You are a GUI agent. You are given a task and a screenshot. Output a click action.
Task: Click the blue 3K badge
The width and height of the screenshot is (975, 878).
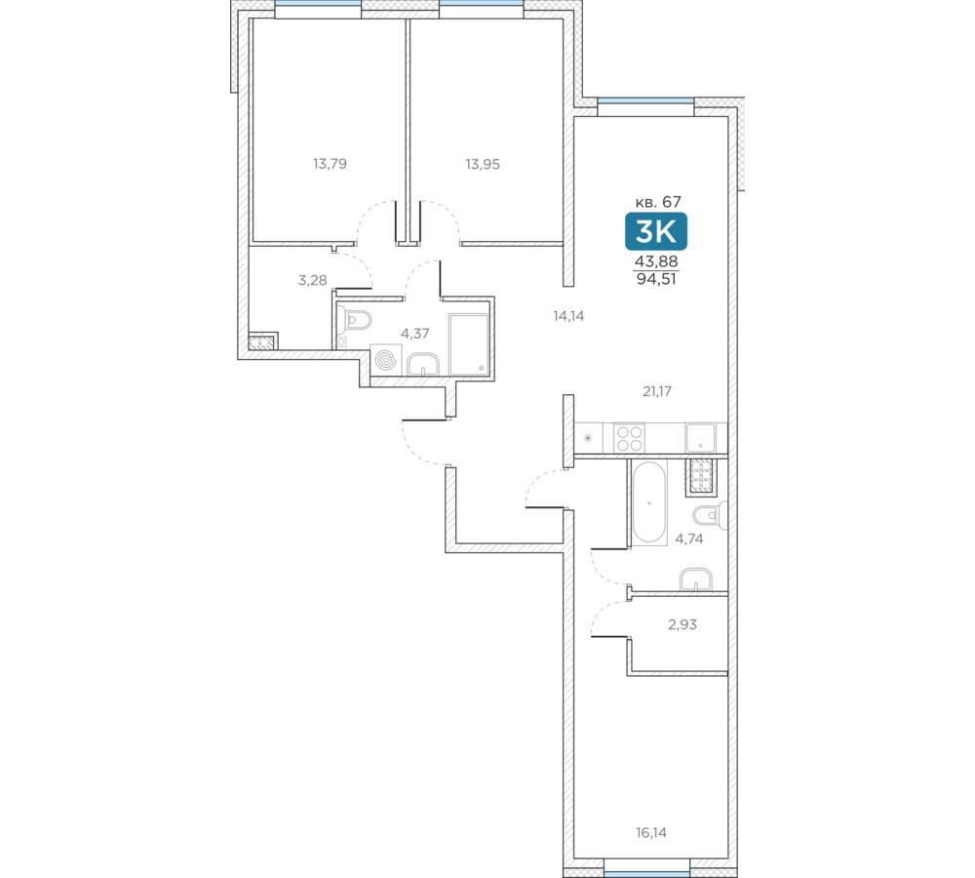point(656,231)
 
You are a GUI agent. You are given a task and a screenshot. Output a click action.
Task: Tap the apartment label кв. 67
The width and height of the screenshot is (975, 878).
point(658,202)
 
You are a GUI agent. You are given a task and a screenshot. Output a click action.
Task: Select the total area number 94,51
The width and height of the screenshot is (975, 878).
point(656,279)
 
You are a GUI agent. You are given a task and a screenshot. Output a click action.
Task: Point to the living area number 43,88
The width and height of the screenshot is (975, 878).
point(656,262)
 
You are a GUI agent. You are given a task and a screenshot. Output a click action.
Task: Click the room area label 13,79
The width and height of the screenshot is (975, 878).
point(330,164)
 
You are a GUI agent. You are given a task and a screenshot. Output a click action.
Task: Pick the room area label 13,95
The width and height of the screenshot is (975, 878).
point(483,164)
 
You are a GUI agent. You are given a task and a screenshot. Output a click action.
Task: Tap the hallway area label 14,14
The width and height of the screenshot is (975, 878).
point(568,316)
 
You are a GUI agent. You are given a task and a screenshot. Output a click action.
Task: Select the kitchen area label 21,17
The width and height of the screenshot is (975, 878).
point(656,391)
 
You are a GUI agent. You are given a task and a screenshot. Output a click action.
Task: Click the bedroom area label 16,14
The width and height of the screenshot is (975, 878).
point(651,832)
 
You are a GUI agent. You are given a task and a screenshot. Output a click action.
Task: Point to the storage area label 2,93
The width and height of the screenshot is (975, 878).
point(682,624)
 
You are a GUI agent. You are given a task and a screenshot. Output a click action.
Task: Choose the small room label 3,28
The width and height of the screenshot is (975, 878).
point(312,281)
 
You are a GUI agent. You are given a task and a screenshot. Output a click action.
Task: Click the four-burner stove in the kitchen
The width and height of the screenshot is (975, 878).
point(629,437)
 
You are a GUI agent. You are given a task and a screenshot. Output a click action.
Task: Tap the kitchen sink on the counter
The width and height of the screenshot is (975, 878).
point(701,437)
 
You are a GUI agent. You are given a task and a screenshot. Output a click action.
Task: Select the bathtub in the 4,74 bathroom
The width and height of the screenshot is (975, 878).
point(649,502)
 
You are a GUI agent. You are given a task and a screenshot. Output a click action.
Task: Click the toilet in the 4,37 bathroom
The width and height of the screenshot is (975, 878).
point(355,320)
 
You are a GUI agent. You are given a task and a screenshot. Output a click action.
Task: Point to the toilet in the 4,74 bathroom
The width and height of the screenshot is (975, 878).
point(710,516)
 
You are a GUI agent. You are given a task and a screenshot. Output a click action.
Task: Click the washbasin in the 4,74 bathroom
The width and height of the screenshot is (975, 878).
point(696,579)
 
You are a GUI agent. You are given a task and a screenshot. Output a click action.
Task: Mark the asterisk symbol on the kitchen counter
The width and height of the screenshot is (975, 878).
point(588,438)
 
